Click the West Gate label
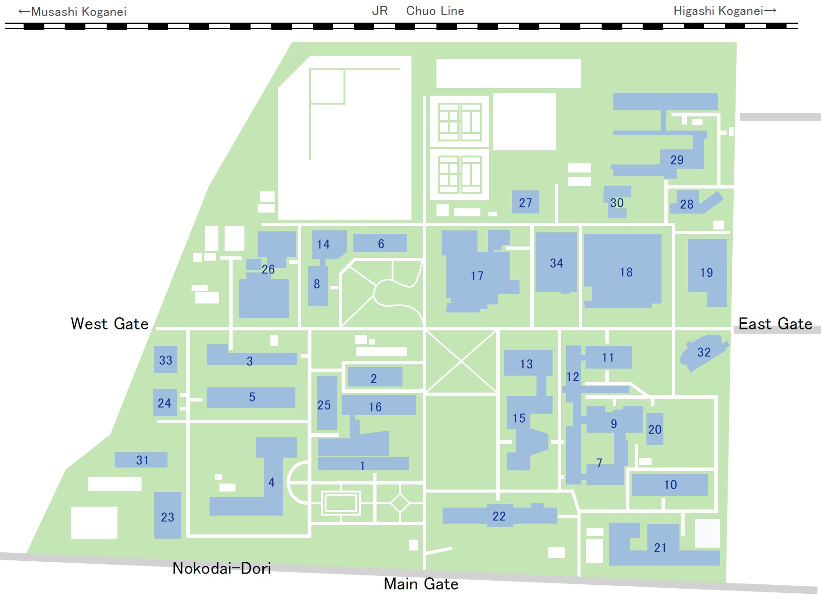point(109,324)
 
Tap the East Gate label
point(775,324)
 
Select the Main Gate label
point(421,584)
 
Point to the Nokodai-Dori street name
point(222,568)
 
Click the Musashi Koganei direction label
point(72,12)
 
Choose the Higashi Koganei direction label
point(725,11)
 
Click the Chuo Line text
point(435,11)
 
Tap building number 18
point(623,271)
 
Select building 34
point(556,263)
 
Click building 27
point(526,202)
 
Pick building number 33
point(166,360)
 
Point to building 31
point(141,460)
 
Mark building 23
point(168,516)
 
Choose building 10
point(670,484)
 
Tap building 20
point(655,429)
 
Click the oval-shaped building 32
point(703,352)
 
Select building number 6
point(380,243)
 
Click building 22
point(500,515)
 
